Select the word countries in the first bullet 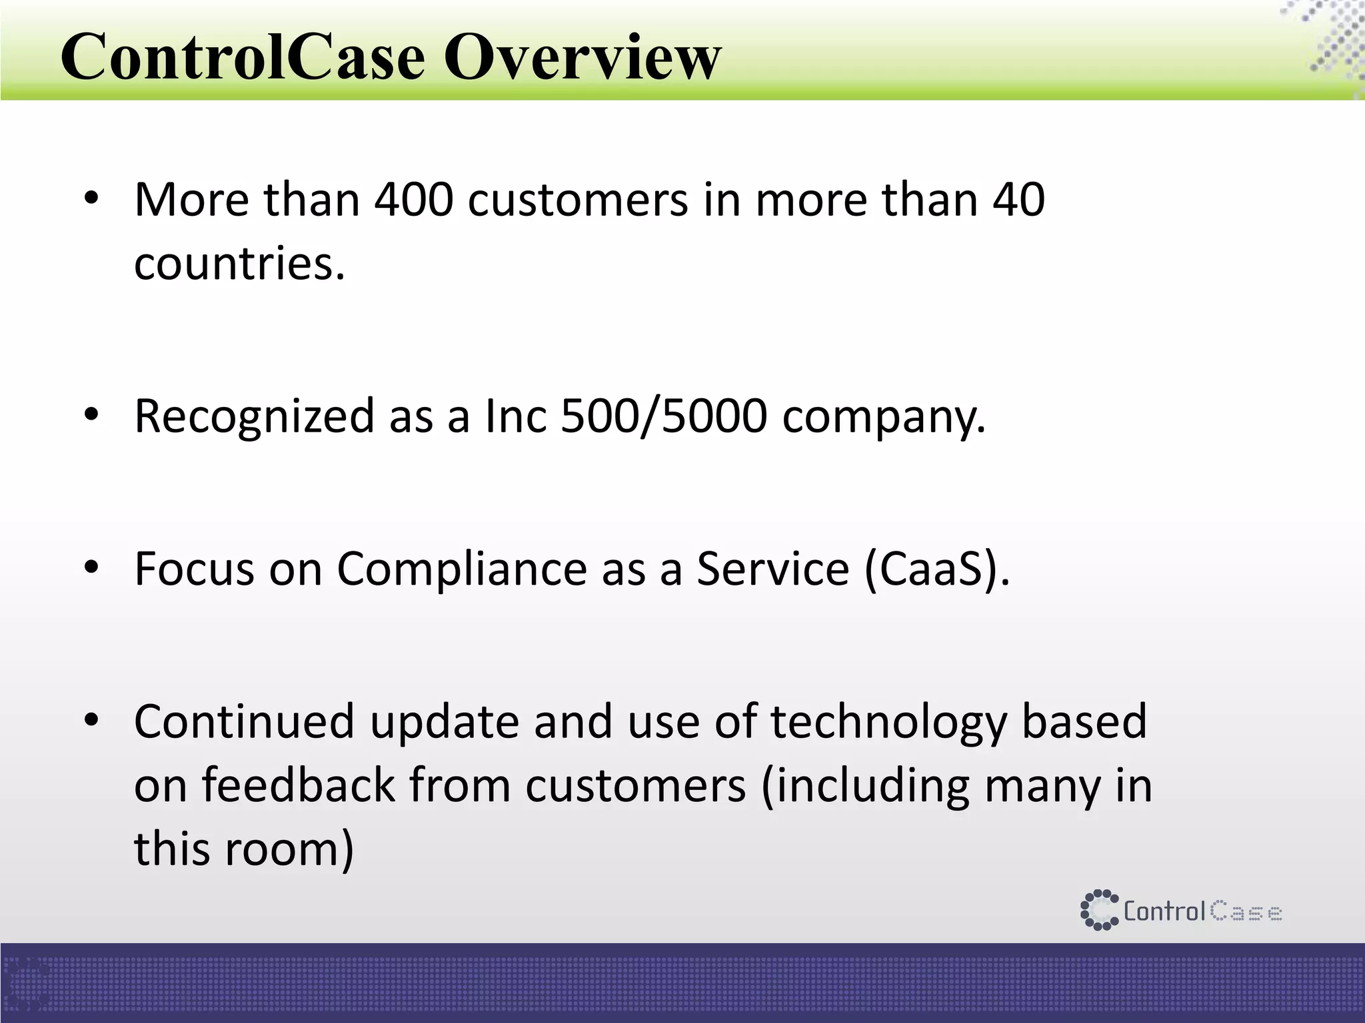(x=239, y=264)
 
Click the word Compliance (x=461, y=570)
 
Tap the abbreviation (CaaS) (x=936, y=570)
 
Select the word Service (x=772, y=569)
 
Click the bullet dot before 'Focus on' (x=91, y=567)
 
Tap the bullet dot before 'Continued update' (x=91, y=720)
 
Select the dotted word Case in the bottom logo (x=1246, y=911)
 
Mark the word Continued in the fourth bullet (x=244, y=722)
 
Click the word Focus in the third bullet (x=194, y=569)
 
